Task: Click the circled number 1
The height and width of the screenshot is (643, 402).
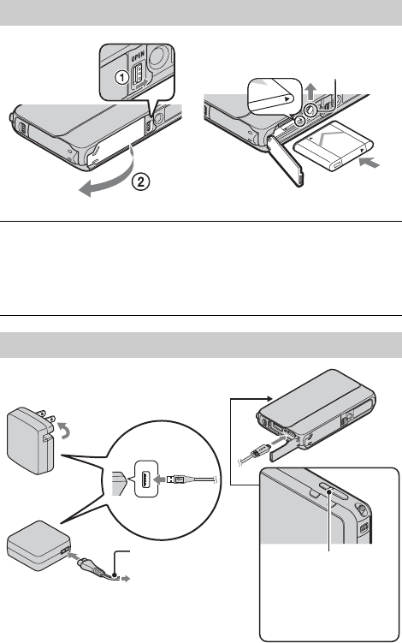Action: [x=121, y=77]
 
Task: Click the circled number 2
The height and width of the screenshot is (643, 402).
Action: [x=140, y=182]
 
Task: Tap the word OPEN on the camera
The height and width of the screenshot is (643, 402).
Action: [x=138, y=57]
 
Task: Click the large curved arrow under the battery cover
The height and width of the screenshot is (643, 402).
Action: [x=108, y=176]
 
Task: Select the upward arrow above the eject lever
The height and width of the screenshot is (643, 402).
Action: [x=311, y=91]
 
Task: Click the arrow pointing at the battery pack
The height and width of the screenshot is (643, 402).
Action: [x=369, y=164]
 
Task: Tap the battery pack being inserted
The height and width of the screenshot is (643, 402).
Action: [x=334, y=146]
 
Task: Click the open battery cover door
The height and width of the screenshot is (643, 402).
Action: [x=286, y=159]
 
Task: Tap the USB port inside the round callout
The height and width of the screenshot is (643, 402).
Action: [x=146, y=479]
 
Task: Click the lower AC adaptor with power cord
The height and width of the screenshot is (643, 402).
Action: [x=39, y=546]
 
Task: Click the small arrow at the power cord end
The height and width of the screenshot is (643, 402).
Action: [x=127, y=578]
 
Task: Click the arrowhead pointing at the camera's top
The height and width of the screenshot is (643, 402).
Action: [x=270, y=398]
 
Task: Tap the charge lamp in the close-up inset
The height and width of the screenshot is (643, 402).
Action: [x=331, y=487]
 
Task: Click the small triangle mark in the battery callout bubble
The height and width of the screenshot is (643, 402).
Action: [x=287, y=99]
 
